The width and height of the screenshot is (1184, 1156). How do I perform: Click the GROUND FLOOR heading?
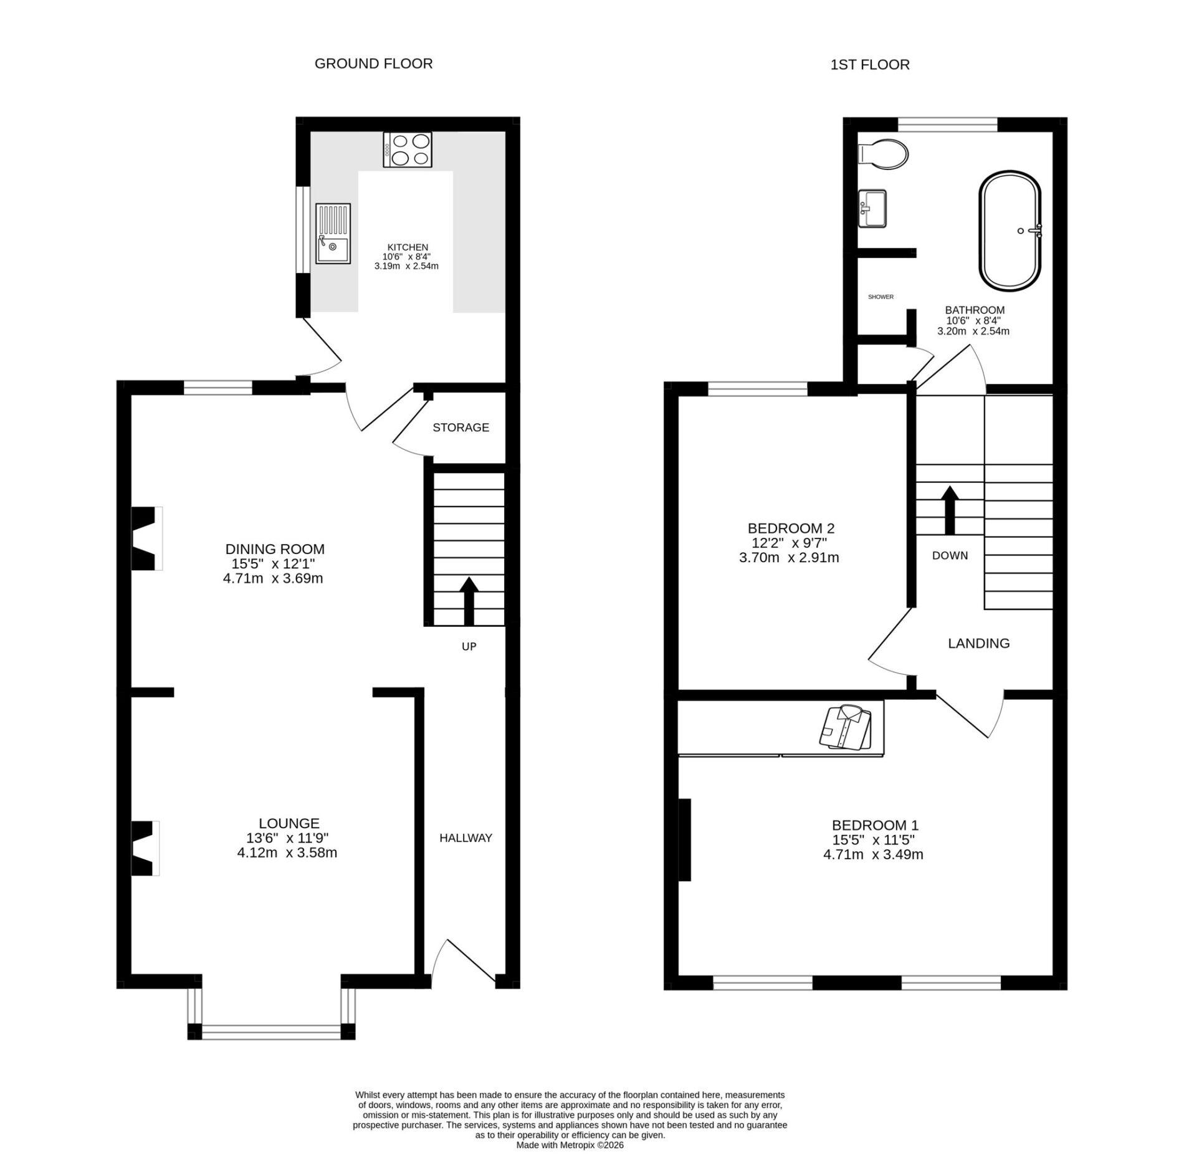(373, 64)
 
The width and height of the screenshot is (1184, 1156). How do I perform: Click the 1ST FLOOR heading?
(870, 65)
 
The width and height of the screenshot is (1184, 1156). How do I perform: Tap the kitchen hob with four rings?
(408, 150)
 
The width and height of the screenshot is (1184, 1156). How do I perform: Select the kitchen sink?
(333, 234)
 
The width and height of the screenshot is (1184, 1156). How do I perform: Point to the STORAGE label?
(461, 428)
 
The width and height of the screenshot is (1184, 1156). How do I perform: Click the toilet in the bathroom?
(882, 154)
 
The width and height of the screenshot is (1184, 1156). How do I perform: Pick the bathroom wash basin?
(872, 209)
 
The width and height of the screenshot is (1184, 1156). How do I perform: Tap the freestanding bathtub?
(1011, 231)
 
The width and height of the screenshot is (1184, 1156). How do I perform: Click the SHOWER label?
(881, 297)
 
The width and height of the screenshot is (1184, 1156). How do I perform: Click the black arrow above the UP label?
(469, 601)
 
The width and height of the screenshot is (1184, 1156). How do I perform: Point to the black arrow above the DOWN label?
(950, 510)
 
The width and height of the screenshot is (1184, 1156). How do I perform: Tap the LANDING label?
(979, 643)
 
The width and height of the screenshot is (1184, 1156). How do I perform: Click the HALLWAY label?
(466, 838)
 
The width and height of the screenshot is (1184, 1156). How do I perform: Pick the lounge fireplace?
(145, 848)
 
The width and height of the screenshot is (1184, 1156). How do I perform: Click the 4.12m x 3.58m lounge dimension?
(287, 853)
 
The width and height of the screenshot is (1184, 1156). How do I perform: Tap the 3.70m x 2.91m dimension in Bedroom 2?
(790, 558)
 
